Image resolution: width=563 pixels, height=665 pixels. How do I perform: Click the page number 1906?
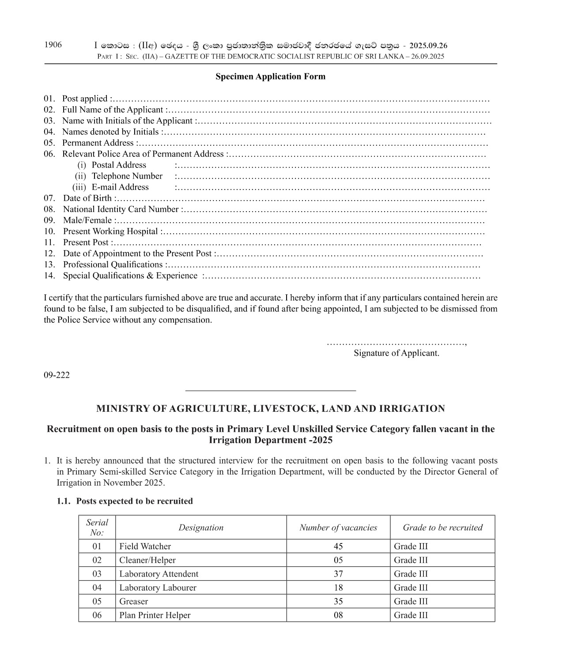(x=53, y=45)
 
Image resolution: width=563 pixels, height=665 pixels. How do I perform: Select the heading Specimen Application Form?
(x=270, y=76)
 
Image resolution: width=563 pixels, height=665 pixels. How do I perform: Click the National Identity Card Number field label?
(x=121, y=209)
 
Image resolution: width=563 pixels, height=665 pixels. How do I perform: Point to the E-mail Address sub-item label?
(x=120, y=187)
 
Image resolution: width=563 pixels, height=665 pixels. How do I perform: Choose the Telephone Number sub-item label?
(x=127, y=176)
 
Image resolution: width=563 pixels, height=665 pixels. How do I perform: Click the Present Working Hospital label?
(x=110, y=231)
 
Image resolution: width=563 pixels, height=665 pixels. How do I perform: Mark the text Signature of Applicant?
(x=396, y=353)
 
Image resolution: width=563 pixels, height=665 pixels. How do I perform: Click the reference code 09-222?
(x=57, y=375)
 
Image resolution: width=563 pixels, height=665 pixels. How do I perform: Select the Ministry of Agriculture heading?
(x=270, y=409)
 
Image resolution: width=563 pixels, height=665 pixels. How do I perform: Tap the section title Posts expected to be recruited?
(x=134, y=501)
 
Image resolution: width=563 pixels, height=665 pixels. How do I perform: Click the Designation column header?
(x=201, y=528)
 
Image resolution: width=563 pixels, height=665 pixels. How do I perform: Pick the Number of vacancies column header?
(x=338, y=528)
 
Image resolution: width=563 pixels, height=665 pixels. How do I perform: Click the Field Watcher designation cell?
(x=145, y=546)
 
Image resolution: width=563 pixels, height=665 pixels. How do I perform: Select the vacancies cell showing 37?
(x=338, y=574)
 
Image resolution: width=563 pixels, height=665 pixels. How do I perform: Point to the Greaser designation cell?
(x=133, y=601)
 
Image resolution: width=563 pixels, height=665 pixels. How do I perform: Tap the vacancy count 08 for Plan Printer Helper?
(x=338, y=615)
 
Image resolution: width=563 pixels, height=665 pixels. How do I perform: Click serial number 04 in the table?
(x=97, y=588)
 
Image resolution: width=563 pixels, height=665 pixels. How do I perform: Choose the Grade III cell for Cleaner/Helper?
(x=411, y=560)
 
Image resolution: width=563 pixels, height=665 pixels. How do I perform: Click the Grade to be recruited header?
(x=442, y=528)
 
